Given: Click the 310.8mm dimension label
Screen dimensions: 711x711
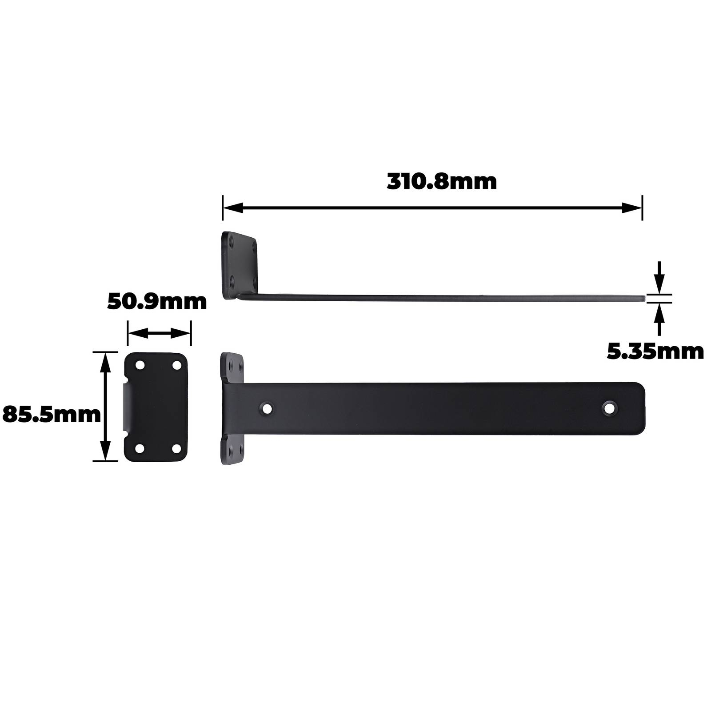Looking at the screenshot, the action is tap(442, 182).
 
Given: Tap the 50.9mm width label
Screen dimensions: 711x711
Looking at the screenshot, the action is tap(157, 302).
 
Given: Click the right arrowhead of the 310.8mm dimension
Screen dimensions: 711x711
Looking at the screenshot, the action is tap(631, 208).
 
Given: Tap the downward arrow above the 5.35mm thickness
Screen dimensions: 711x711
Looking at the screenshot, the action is tap(659, 277).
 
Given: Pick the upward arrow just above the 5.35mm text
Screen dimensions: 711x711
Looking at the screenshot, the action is tap(659, 319).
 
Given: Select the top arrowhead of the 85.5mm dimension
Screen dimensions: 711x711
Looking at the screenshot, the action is tap(105, 363).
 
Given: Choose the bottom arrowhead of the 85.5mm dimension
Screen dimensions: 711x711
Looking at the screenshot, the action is tap(105, 450).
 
